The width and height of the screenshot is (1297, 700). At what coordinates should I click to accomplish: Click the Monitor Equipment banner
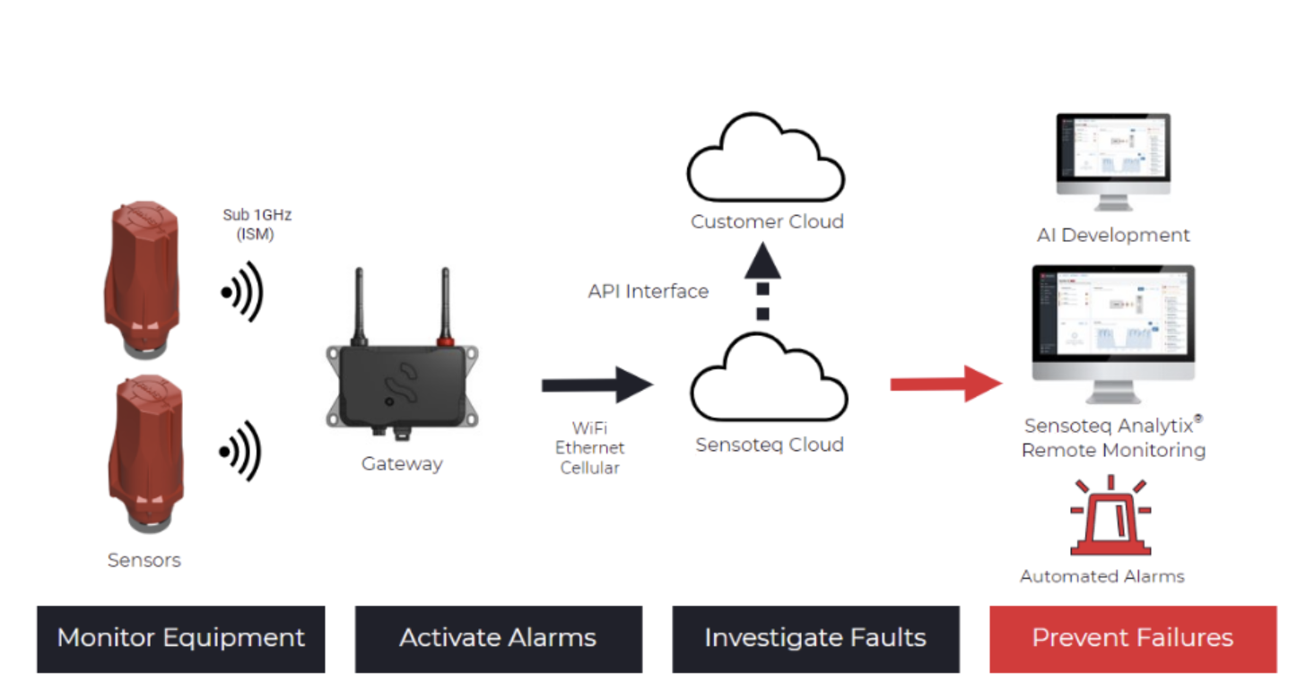[180, 638]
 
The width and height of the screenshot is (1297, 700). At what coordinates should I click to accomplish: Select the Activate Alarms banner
[498, 638]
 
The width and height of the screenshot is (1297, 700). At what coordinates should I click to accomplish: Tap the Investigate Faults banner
[815, 638]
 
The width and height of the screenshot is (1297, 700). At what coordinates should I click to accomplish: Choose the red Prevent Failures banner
[1132, 638]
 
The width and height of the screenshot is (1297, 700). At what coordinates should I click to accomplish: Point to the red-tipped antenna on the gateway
[442, 309]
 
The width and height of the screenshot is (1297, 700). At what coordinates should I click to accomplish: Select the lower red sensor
[144, 448]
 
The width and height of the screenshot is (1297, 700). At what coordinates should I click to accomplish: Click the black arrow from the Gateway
[596, 385]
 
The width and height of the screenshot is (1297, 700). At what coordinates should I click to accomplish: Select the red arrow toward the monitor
[945, 384]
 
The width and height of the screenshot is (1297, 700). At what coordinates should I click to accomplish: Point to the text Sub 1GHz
[257, 215]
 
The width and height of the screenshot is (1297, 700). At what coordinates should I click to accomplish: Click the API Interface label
[648, 291]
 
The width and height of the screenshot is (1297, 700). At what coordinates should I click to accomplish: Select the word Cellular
[589, 467]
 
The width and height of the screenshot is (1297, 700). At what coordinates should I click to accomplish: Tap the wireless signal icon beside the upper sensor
[242, 291]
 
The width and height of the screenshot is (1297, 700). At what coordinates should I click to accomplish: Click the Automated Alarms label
[1101, 576]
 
